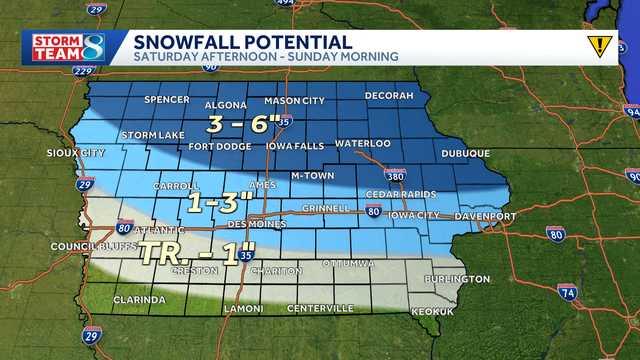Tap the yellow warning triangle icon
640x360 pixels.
pyautogui.click(x=599, y=46)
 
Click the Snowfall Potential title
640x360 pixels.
pyautogui.click(x=244, y=41)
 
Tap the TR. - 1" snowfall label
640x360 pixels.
pyautogui.click(x=191, y=253)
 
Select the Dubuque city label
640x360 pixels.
pyautogui.click(x=465, y=153)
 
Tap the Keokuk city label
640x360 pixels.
pyautogui.click(x=431, y=312)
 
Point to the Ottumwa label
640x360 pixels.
pyautogui.click(x=348, y=263)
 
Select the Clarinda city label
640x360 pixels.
pyautogui.click(x=139, y=299)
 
